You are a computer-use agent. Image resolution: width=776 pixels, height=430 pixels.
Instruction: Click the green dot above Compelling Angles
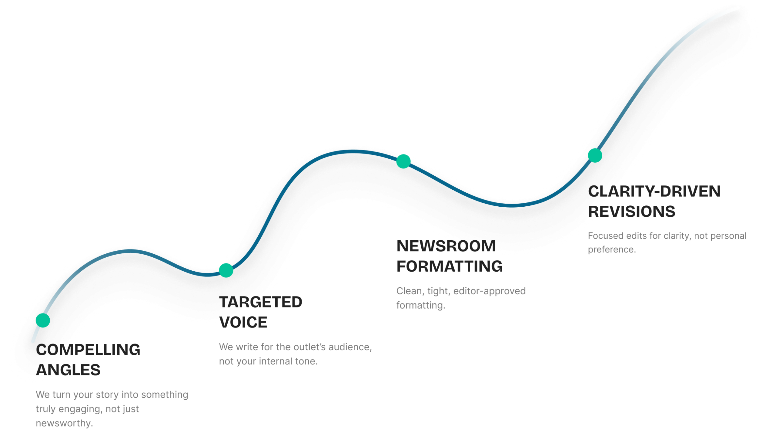click(x=43, y=320)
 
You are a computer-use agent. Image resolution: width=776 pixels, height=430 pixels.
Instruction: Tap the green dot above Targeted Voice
click(x=226, y=270)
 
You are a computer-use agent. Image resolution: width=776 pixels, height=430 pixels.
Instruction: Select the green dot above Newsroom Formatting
click(x=403, y=161)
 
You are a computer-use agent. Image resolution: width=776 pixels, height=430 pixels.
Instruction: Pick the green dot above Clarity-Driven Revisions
click(x=595, y=155)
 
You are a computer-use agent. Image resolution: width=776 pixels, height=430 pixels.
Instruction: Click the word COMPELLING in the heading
click(x=88, y=350)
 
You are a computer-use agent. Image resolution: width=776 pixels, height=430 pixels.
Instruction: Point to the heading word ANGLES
click(x=68, y=370)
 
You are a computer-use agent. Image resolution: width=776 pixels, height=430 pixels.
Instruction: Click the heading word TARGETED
click(x=261, y=302)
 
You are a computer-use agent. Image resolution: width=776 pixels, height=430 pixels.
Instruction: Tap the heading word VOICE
click(x=243, y=322)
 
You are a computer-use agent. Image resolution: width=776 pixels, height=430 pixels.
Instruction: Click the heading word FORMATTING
click(x=449, y=266)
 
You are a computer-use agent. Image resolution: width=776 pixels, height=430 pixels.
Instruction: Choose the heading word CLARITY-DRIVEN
click(x=655, y=191)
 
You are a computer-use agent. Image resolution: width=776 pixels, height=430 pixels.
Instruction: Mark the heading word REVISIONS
click(x=632, y=212)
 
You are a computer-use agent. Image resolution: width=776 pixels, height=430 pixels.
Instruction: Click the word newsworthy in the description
click(x=64, y=423)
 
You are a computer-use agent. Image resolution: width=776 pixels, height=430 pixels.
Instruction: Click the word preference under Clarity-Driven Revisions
click(x=611, y=250)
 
